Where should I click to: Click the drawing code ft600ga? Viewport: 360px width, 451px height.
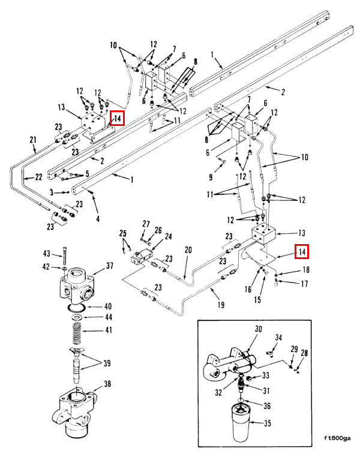click(337, 438)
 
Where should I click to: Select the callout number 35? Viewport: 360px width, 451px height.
click(268, 423)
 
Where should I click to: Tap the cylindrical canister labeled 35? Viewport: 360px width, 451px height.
click(241, 422)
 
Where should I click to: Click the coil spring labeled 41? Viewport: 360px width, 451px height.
click(77, 333)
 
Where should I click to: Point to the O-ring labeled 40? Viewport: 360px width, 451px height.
click(76, 308)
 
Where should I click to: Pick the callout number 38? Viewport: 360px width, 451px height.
click(107, 384)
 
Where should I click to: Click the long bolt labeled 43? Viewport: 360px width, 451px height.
click(65, 256)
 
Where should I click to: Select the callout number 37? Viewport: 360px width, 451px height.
click(109, 266)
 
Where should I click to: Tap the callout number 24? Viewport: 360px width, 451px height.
click(168, 236)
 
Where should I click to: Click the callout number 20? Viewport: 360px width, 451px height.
click(188, 249)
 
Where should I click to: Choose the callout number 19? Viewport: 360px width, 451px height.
click(221, 305)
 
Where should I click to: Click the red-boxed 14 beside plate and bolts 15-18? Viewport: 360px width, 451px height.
click(302, 252)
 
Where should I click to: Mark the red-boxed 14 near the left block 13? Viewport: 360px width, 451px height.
click(118, 118)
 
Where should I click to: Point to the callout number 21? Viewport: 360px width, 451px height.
click(33, 140)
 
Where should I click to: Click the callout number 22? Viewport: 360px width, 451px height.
click(39, 177)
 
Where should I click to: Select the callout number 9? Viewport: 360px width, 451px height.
click(211, 177)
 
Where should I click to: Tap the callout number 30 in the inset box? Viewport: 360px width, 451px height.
click(259, 329)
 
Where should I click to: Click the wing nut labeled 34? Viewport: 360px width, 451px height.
click(270, 353)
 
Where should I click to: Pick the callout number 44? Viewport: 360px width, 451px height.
click(109, 317)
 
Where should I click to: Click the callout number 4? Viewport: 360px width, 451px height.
click(98, 219)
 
